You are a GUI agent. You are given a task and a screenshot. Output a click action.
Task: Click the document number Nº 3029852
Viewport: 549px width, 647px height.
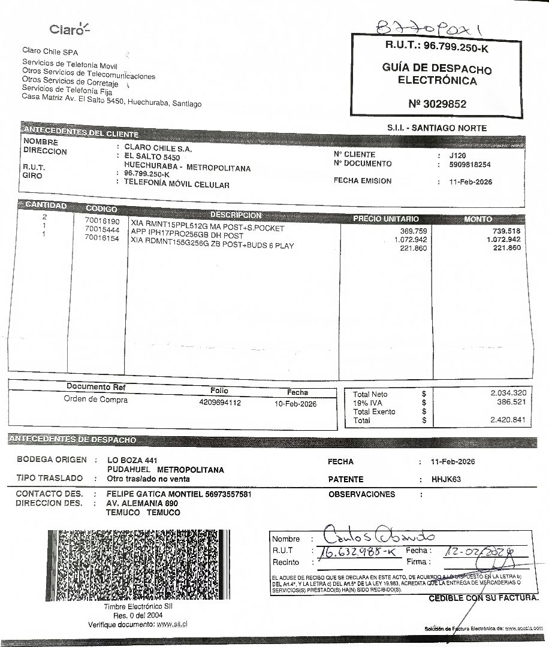coord(437,104)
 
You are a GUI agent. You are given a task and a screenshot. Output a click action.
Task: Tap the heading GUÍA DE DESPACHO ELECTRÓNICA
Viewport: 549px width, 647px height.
coord(437,74)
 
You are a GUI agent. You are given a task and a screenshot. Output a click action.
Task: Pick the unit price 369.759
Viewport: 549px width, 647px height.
coord(414,231)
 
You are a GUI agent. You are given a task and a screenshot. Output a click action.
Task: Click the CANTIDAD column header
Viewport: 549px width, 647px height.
coord(46,205)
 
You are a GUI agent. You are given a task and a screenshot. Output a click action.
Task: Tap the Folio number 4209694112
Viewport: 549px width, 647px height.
coord(220,403)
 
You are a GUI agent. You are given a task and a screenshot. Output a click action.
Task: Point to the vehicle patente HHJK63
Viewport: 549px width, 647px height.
coord(447,479)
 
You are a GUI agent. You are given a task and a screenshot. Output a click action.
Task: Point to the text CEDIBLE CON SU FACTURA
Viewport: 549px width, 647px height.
coord(483,598)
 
